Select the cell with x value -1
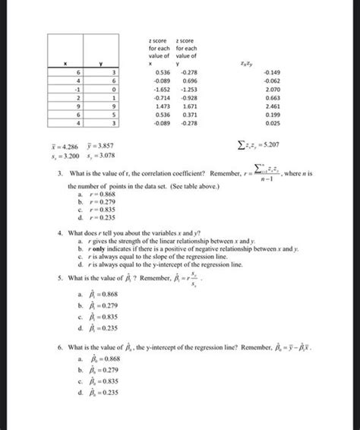[x=77, y=87]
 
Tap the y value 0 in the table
[x=112, y=87]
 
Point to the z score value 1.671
[x=187, y=109]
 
